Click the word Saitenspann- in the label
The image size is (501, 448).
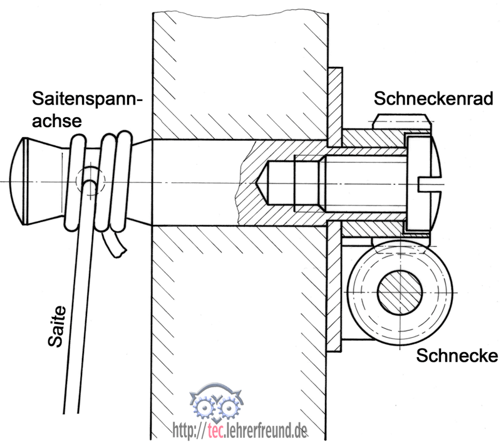tap(88, 99)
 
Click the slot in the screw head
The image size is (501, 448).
tap(433, 183)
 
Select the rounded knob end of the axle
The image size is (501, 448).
tap(25, 181)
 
